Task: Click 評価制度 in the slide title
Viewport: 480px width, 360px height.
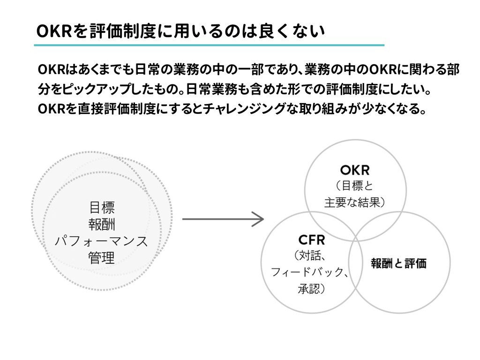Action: (113, 31)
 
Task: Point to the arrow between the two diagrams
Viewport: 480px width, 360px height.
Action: (223, 219)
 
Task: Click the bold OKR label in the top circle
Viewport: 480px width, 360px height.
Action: (355, 169)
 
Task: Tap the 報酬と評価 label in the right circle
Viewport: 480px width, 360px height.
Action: (399, 263)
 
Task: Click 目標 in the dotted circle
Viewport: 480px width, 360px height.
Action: (102, 207)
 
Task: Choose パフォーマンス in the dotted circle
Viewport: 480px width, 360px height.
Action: (101, 241)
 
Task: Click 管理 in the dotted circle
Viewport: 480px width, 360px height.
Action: (101, 258)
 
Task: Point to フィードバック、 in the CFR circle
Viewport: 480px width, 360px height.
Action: (309, 272)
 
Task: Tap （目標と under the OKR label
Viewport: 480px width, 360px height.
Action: (353, 186)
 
